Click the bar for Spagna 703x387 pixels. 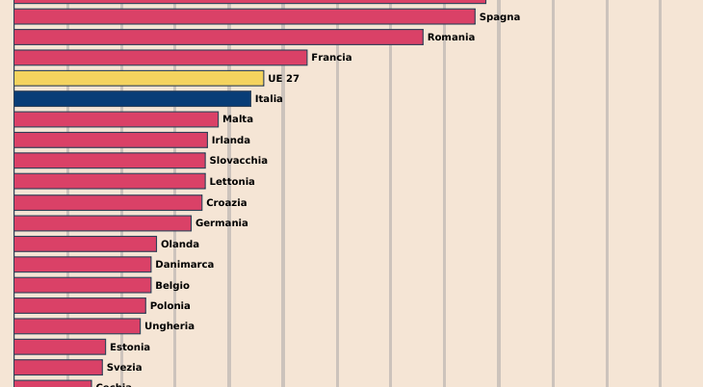[245, 16]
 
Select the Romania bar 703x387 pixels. [219, 37]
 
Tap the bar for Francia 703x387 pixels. [161, 58]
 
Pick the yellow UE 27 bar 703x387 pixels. [139, 78]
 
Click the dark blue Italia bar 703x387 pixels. [133, 98]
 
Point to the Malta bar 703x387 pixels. [117, 119]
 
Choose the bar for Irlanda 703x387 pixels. [111, 140]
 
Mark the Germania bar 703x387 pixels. [103, 223]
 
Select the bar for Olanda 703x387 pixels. [86, 244]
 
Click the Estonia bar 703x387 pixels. [60, 347]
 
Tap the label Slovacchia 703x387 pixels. [239, 161]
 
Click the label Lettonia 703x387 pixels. [232, 182]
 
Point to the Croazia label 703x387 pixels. [226, 203]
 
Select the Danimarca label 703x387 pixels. [185, 265]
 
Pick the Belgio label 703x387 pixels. [172, 286]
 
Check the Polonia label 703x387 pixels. [170, 306]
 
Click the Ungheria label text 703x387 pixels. [169, 326]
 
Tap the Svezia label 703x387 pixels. [124, 368]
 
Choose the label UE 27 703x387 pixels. [284, 79]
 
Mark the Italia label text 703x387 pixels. [269, 99]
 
